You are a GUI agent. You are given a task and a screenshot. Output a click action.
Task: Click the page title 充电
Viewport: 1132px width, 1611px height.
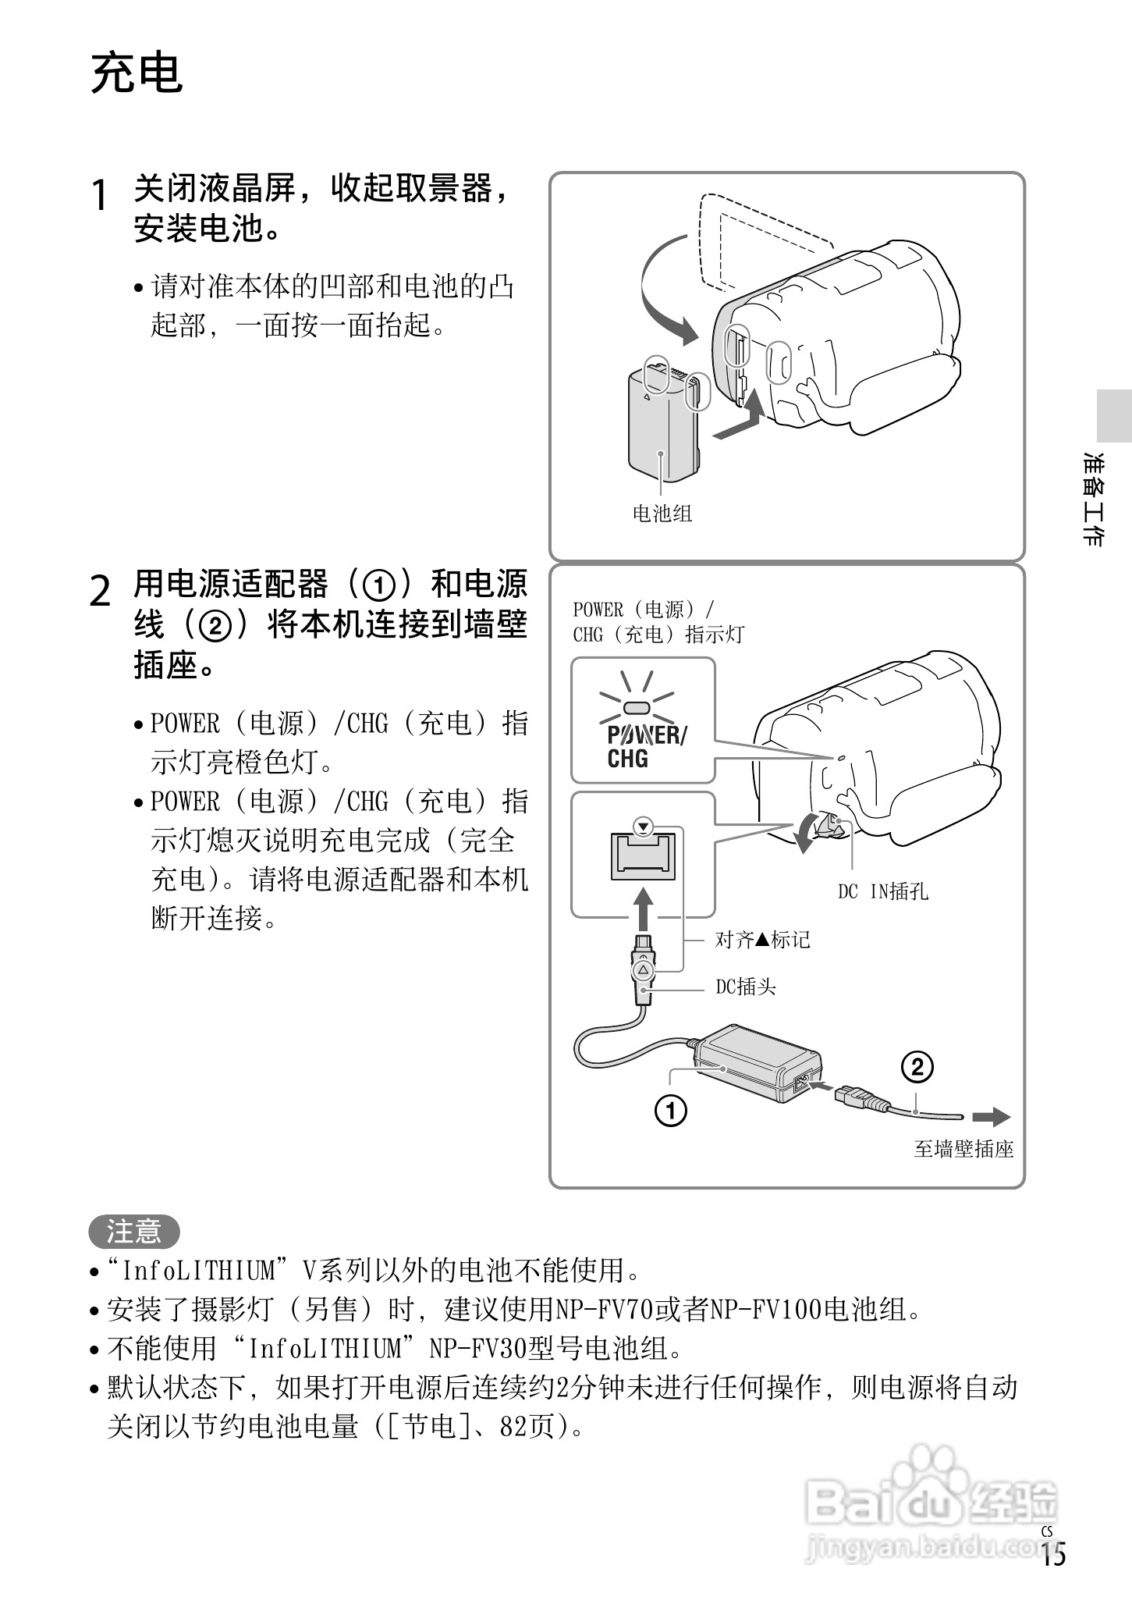click(x=137, y=74)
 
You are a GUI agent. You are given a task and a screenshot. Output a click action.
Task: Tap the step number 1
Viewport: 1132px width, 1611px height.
click(x=99, y=195)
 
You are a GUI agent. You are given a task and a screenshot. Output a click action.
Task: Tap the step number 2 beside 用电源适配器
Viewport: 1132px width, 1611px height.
click(x=101, y=591)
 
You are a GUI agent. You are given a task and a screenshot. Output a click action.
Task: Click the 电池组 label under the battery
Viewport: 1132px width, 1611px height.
click(x=662, y=513)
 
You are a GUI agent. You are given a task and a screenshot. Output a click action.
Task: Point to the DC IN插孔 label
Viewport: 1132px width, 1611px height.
click(x=882, y=891)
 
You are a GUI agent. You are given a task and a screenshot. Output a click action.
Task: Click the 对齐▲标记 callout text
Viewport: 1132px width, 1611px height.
click(x=762, y=939)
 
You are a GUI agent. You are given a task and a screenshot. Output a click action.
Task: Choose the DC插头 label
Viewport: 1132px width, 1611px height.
click(x=746, y=987)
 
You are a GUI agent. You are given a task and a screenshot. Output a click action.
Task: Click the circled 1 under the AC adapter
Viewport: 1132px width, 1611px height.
click(x=670, y=1110)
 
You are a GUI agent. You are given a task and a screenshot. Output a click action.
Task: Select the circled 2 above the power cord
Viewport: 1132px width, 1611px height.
click(x=917, y=1066)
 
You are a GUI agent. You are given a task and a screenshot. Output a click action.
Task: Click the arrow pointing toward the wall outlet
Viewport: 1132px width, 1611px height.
click(x=992, y=1118)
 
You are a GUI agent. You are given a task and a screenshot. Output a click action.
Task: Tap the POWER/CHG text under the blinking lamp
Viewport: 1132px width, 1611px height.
click(x=646, y=746)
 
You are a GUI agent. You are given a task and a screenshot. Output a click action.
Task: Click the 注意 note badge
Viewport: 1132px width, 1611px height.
click(x=133, y=1232)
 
